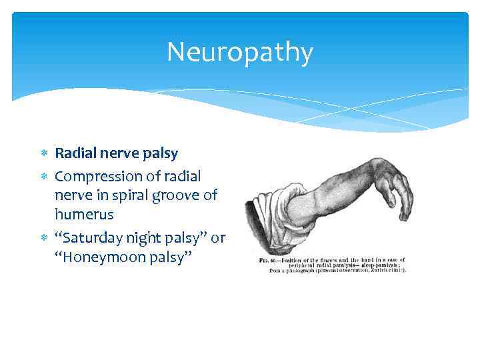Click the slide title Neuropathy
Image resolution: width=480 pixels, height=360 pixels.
click(x=239, y=52)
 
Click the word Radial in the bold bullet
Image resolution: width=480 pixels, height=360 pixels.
click(x=74, y=153)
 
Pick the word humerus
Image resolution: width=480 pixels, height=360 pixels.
click(x=84, y=215)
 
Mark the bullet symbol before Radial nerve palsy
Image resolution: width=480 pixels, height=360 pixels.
click(x=45, y=154)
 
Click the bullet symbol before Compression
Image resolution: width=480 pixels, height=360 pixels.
click(x=45, y=177)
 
